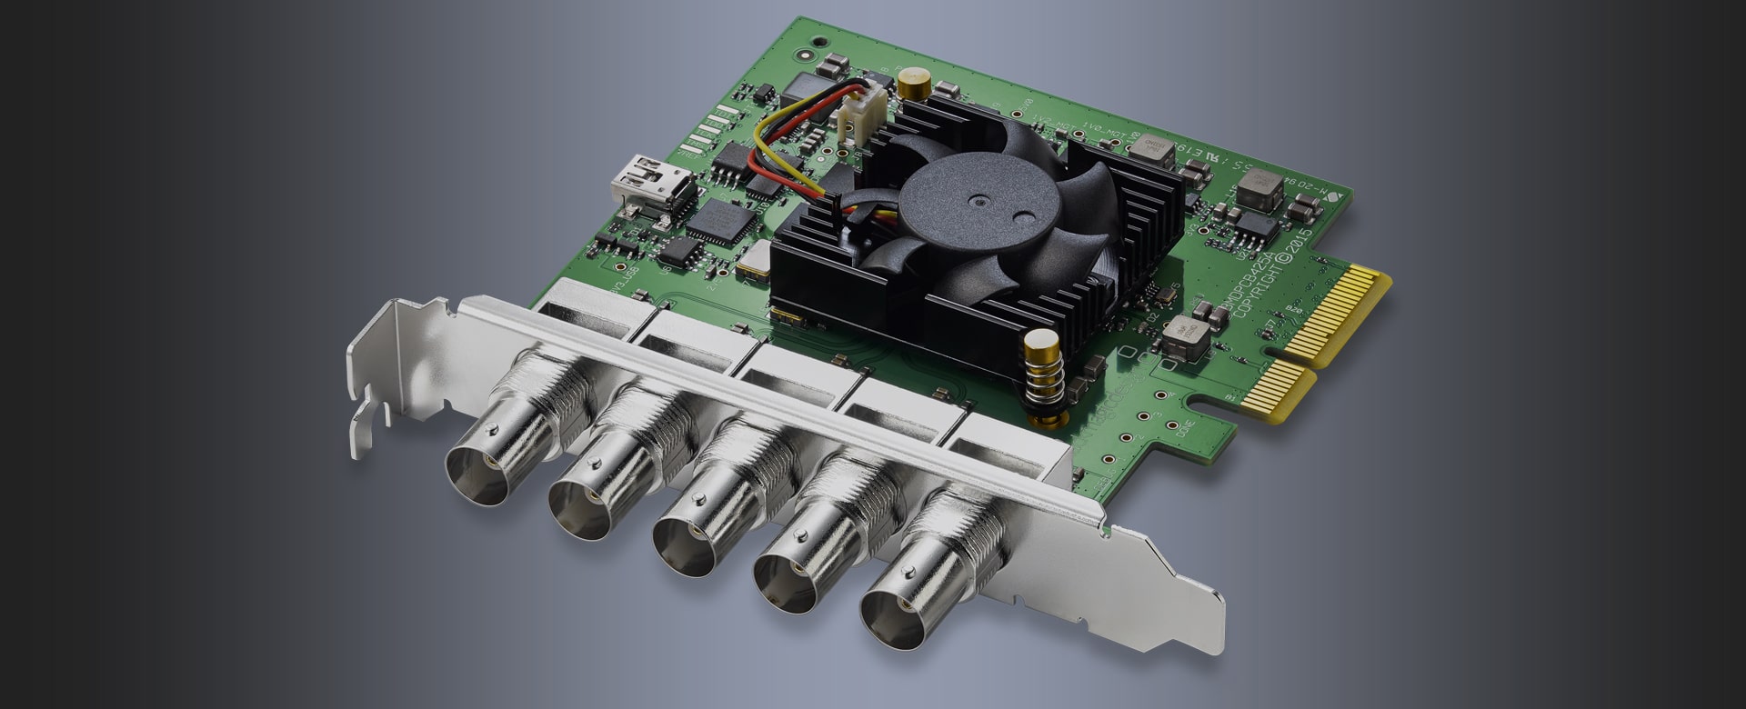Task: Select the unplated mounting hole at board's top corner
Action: (x=820, y=42)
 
